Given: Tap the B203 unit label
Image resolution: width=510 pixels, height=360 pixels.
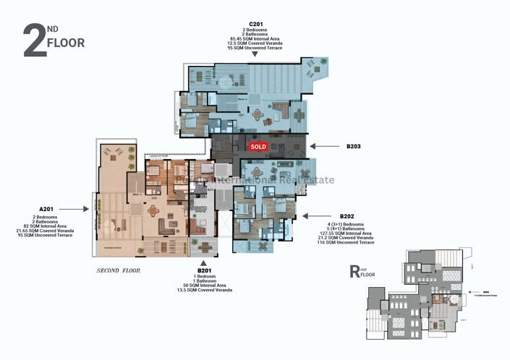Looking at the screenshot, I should tap(353, 146).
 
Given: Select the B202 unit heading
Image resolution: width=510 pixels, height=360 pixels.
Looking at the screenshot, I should tap(347, 216).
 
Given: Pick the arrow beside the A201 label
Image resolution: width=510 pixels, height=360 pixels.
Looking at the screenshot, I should tap(86, 209).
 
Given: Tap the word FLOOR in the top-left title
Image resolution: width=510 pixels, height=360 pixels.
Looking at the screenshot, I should tap(65, 43).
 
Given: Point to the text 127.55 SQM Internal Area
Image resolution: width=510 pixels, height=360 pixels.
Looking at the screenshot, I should tap(347, 233).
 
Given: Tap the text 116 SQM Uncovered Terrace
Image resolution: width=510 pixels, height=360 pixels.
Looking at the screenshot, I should tap(347, 244).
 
